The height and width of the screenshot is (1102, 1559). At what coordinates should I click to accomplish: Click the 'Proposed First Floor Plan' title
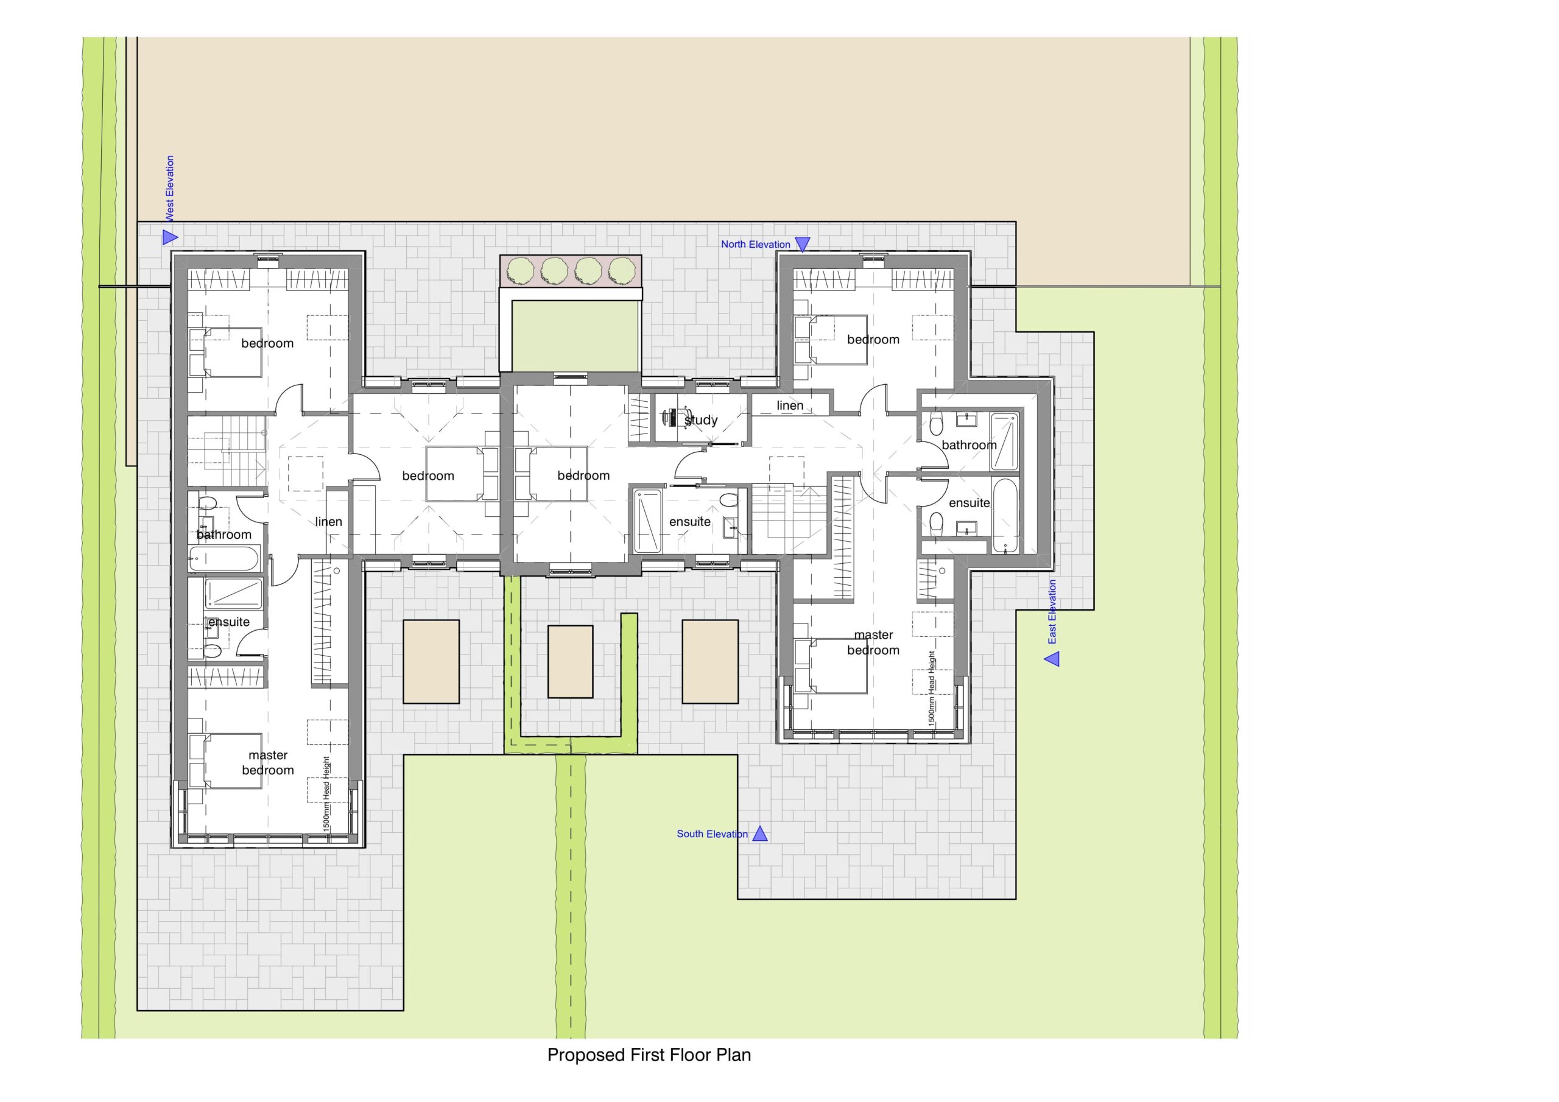649,1055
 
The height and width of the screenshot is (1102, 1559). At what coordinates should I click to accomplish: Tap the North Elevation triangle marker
803,244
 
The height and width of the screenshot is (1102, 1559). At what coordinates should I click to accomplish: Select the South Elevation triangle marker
760,834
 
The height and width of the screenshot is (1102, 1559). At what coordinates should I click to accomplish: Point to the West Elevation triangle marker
170,237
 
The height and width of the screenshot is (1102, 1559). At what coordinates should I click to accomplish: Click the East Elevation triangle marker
1052,659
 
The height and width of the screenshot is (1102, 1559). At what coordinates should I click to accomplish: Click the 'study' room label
701,420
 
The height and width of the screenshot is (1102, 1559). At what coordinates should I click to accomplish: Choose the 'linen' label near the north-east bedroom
790,405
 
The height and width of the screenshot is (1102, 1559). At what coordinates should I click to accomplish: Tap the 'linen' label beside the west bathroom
329,521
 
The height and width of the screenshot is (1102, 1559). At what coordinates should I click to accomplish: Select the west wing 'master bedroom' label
268,762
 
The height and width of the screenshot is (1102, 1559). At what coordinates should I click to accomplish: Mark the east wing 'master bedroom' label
873,642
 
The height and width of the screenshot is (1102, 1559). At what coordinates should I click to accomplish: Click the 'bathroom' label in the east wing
969,444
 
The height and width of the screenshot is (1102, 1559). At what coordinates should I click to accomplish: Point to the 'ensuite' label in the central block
690,521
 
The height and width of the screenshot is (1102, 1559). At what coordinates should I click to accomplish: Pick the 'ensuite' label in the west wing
229,622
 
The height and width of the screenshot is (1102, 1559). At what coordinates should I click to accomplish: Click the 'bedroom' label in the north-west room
267,343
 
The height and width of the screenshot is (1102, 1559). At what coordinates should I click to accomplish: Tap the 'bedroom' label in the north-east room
873,340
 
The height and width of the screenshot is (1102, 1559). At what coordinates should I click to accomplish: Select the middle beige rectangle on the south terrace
571,662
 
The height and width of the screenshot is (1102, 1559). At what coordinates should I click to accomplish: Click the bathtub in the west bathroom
225,560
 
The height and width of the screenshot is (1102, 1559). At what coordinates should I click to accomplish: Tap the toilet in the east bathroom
937,426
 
